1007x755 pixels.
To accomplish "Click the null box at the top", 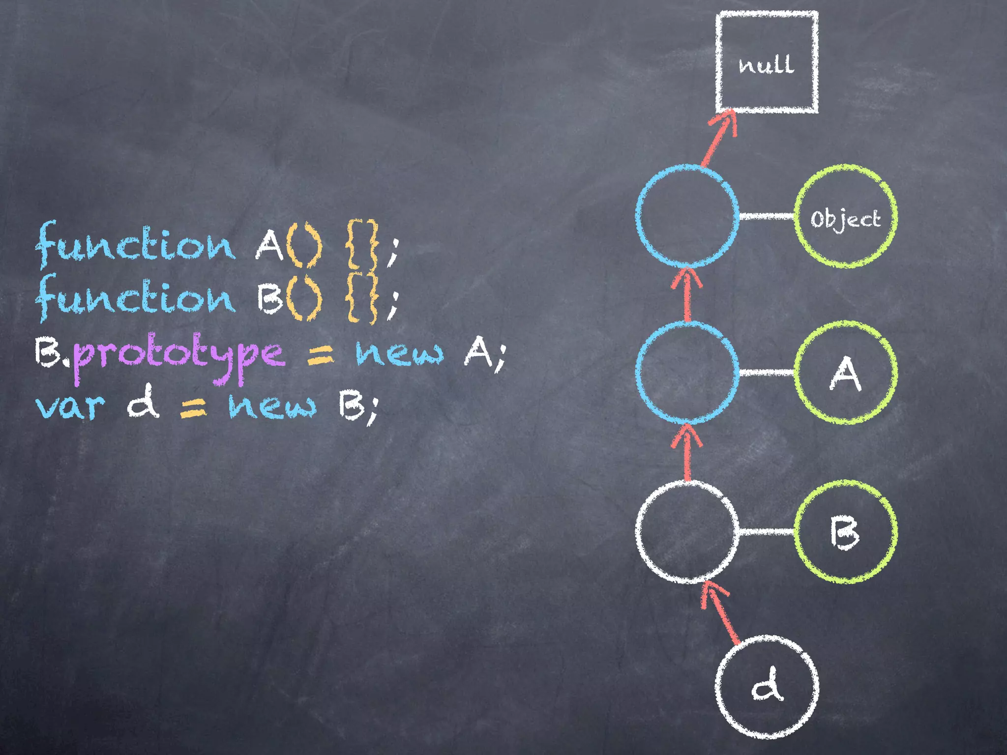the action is [767, 62].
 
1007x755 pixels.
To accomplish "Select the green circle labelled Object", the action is [846, 217].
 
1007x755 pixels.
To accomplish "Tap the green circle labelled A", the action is [846, 373].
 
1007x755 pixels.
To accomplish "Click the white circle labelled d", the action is [767, 687].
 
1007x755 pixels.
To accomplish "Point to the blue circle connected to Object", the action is [687, 216].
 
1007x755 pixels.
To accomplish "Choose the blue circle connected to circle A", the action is [687, 373].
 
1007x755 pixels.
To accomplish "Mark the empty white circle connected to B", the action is [687, 531].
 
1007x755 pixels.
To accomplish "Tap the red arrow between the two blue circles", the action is [687, 295].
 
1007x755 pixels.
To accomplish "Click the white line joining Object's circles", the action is [767, 216].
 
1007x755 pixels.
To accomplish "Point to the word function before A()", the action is [135, 245].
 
